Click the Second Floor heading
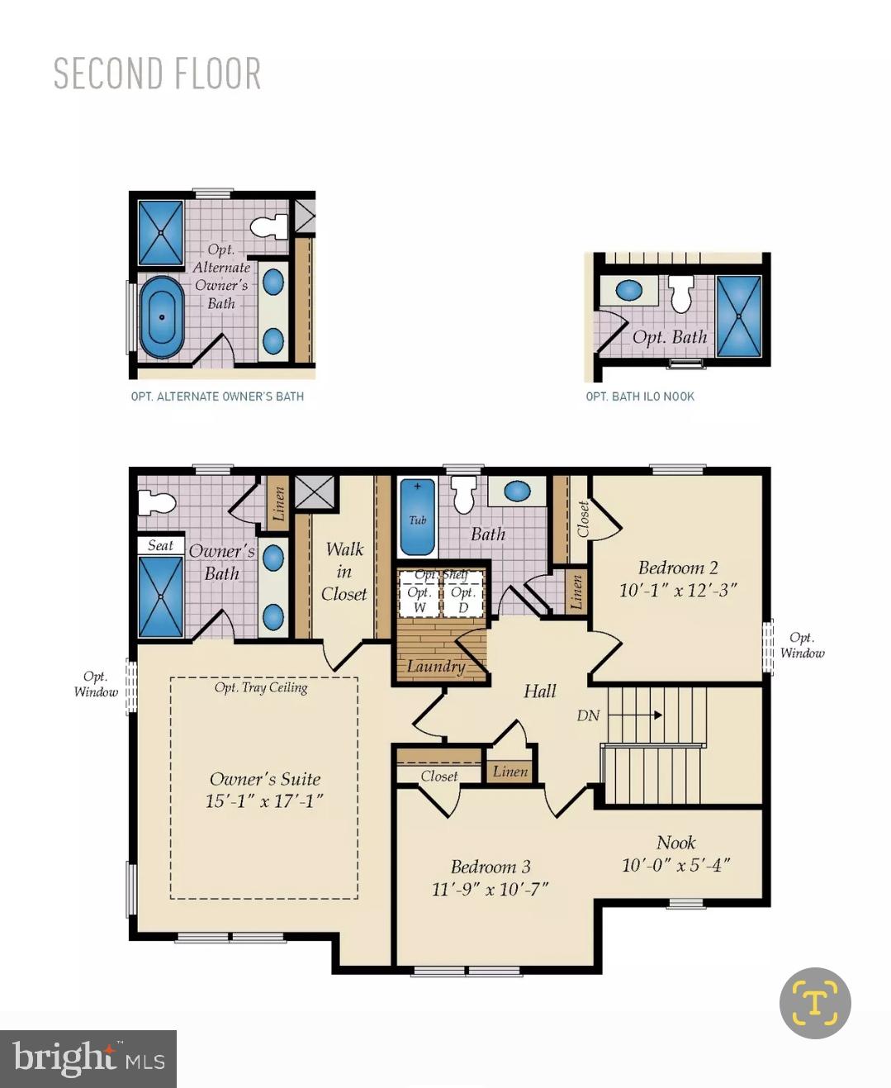(x=157, y=74)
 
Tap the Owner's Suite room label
(x=264, y=778)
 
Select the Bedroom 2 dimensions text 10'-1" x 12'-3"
(x=678, y=590)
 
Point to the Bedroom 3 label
(x=491, y=866)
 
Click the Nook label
(x=676, y=843)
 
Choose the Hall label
(x=540, y=691)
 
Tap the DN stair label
(x=588, y=715)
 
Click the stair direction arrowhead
(x=658, y=715)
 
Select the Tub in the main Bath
(x=418, y=517)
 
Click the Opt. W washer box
(x=419, y=593)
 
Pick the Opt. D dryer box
(x=463, y=593)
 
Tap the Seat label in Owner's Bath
(x=160, y=545)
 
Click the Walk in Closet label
(x=344, y=572)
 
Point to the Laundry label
(x=436, y=667)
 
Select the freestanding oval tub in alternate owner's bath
(x=162, y=317)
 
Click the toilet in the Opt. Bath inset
(x=681, y=294)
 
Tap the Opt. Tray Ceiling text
(x=261, y=687)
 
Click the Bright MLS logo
(x=88, y=1059)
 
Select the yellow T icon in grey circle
(x=815, y=1003)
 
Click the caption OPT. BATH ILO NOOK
(x=640, y=397)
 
